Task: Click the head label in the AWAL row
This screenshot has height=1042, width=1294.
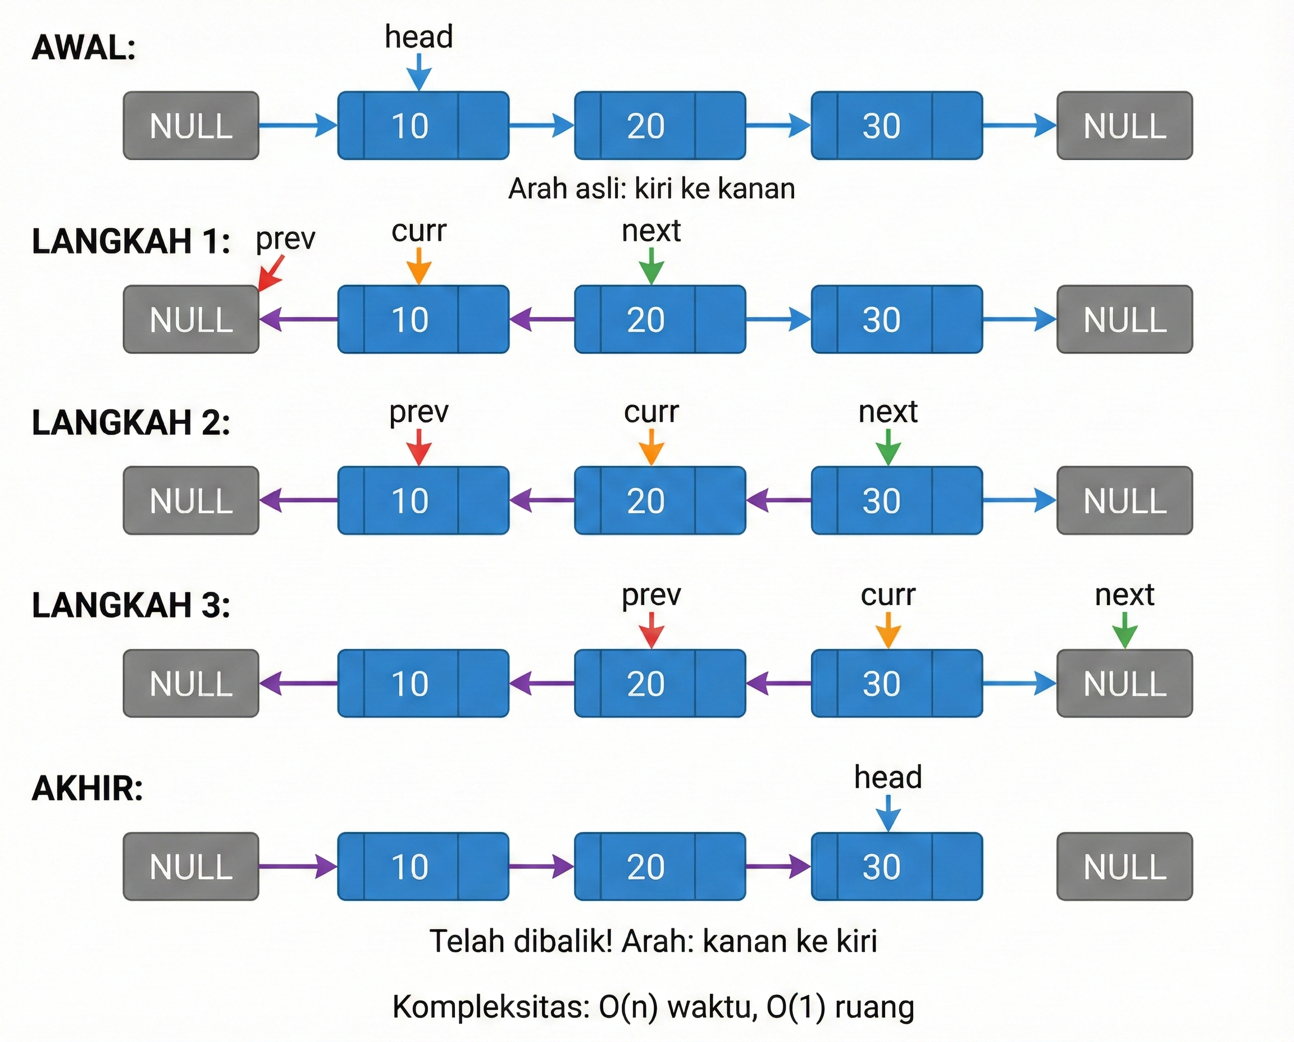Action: tap(418, 36)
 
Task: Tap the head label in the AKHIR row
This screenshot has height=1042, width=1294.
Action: tap(887, 778)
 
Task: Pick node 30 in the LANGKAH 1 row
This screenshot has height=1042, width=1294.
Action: tap(896, 319)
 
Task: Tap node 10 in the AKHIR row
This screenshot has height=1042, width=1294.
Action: tap(423, 866)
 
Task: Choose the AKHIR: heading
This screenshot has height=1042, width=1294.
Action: tap(88, 788)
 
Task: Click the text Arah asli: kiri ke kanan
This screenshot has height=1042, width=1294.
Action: tap(651, 189)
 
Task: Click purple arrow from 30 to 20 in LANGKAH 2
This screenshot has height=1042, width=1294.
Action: tap(778, 500)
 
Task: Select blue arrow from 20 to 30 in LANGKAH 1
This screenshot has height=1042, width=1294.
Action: tap(778, 319)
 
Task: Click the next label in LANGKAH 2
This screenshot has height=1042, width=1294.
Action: tap(887, 412)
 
